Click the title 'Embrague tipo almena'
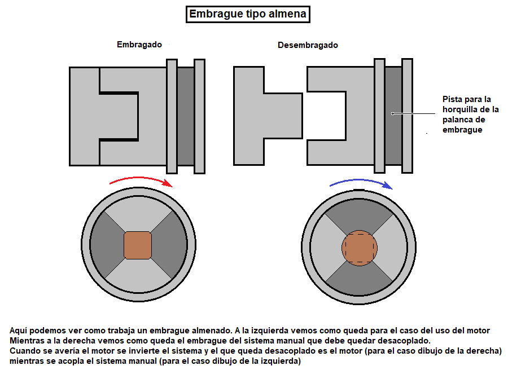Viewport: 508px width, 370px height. (x=248, y=14)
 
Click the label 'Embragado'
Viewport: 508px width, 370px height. (x=139, y=45)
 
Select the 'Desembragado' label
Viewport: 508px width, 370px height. (x=308, y=45)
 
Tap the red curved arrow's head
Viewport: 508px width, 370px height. (x=168, y=183)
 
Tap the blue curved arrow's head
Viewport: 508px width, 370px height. (x=387, y=185)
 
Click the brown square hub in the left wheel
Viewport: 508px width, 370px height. (x=138, y=245)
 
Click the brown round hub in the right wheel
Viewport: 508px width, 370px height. (x=360, y=248)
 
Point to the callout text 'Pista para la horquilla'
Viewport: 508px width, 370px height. (x=470, y=104)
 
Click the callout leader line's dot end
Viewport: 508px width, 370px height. (x=392, y=113)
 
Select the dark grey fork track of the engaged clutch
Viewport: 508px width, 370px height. (x=186, y=116)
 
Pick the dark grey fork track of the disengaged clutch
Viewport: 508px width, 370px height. (x=393, y=116)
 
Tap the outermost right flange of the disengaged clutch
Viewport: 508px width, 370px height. (x=407, y=116)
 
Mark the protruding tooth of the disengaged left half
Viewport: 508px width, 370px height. (x=283, y=116)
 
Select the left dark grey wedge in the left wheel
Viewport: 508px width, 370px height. (x=106, y=245)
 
